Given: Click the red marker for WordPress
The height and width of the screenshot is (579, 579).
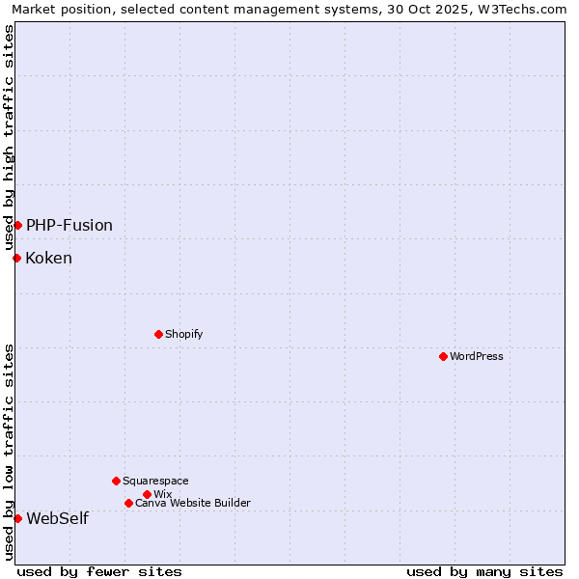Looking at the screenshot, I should click(x=443, y=356).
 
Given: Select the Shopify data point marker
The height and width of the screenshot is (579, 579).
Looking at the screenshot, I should click(x=158, y=334).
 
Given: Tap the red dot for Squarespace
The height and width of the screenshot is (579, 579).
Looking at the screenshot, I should click(x=116, y=481).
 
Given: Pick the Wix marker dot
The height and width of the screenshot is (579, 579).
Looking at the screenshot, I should click(x=147, y=494).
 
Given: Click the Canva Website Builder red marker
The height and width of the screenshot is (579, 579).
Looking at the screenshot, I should click(x=128, y=503).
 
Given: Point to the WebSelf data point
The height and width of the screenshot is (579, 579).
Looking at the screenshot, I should click(x=17, y=518).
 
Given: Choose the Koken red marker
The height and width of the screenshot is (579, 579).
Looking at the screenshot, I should click(x=16, y=258).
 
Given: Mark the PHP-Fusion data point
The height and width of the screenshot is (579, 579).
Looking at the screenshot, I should click(x=17, y=225).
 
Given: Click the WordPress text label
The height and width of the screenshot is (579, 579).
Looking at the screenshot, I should click(x=477, y=356).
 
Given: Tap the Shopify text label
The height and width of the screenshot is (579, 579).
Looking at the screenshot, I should click(x=183, y=334).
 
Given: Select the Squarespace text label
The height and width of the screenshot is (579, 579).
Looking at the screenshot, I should click(x=155, y=481).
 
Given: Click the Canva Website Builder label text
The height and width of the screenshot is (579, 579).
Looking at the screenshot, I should click(x=193, y=503).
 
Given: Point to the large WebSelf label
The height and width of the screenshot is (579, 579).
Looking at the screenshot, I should click(x=57, y=518).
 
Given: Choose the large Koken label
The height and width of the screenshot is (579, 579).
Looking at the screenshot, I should click(x=48, y=258).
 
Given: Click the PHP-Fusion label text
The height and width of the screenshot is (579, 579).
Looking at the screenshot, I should click(x=69, y=225).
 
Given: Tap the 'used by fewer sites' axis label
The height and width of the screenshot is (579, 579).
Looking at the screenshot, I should click(x=99, y=571).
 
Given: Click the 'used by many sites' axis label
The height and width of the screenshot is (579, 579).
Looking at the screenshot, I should click(x=484, y=571).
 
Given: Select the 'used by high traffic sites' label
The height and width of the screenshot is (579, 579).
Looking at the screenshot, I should click(x=10, y=138).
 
